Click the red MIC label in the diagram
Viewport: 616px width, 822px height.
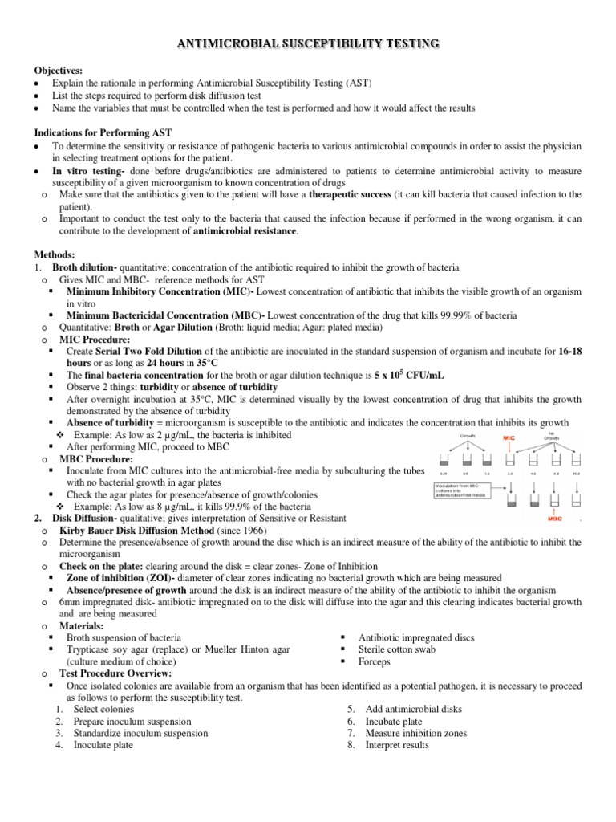508,438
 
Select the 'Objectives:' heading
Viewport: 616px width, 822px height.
57,71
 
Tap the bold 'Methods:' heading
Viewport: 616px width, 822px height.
55,253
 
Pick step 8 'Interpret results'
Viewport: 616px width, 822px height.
396,744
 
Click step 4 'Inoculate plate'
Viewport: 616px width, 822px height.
103,744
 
